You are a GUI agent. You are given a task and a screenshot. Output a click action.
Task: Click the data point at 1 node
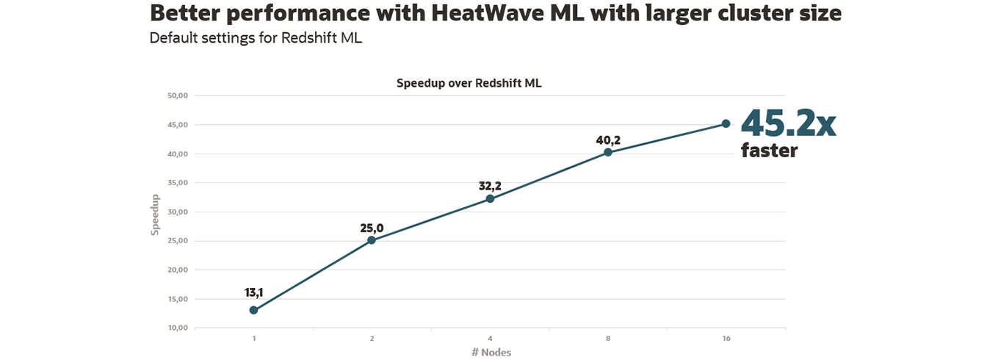tap(253, 310)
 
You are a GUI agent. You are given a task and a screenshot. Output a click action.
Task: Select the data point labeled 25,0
tap(372, 240)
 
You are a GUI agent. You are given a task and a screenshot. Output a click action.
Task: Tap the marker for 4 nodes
tap(490, 198)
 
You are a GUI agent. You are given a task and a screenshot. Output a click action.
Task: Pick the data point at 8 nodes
tap(608, 152)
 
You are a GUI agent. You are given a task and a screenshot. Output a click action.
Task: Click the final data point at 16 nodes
tap(726, 123)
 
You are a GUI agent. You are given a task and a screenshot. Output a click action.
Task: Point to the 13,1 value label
tap(253, 292)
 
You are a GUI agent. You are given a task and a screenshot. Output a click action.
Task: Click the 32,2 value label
tap(490, 187)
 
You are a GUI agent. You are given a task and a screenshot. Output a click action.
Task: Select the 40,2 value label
tap(608, 140)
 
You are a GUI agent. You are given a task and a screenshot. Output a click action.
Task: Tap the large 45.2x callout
tap(787, 123)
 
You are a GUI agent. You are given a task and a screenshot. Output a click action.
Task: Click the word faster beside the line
tap(769, 151)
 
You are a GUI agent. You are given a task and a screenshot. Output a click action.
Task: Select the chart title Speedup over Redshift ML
tap(469, 83)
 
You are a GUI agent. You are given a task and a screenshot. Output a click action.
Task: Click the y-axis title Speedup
tap(155, 215)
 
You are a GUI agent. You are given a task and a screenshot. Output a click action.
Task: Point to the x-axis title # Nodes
tap(491, 352)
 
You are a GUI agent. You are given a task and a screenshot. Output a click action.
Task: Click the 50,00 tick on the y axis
tap(178, 96)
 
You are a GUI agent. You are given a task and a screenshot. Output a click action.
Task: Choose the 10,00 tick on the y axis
tap(178, 328)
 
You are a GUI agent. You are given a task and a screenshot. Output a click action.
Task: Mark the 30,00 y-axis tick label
tap(178, 212)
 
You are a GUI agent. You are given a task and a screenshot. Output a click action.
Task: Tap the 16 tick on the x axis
tap(726, 339)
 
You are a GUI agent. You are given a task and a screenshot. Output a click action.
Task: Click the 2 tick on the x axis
tap(372, 339)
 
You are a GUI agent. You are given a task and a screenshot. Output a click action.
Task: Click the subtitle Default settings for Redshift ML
tap(256, 37)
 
